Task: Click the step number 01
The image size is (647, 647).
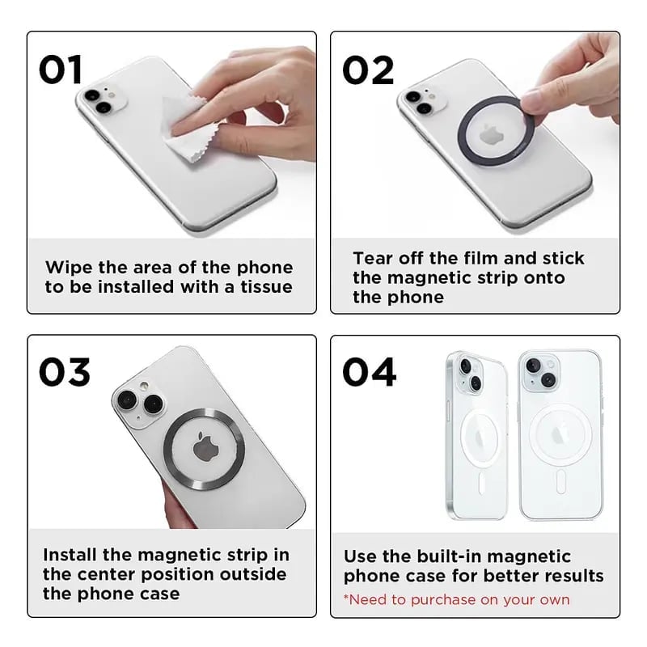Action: pyautogui.click(x=61, y=70)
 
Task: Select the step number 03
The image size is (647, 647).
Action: pyautogui.click(x=65, y=373)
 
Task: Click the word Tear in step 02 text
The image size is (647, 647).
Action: pyautogui.click(x=373, y=259)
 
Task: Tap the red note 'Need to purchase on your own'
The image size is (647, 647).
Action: pyautogui.click(x=456, y=599)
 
